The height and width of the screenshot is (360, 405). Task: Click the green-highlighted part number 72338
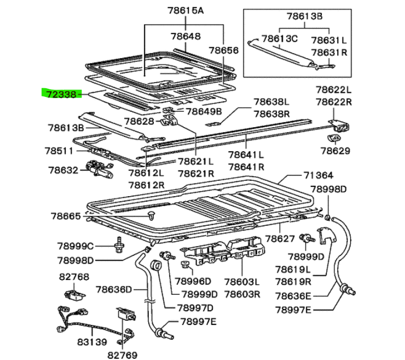click(x=61, y=94)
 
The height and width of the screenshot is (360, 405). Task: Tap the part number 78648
click(x=186, y=36)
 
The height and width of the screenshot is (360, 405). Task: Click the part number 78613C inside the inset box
click(x=279, y=39)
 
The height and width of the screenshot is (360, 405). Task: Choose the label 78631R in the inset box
click(x=329, y=53)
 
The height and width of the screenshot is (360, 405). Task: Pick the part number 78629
click(x=335, y=151)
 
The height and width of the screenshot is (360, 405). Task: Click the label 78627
click(x=280, y=238)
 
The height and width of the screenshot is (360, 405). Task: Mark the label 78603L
click(x=241, y=283)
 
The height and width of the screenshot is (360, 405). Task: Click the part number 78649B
click(x=204, y=111)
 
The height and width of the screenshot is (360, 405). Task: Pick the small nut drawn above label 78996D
click(x=184, y=266)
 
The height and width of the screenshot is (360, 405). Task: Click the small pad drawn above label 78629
click(x=333, y=138)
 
